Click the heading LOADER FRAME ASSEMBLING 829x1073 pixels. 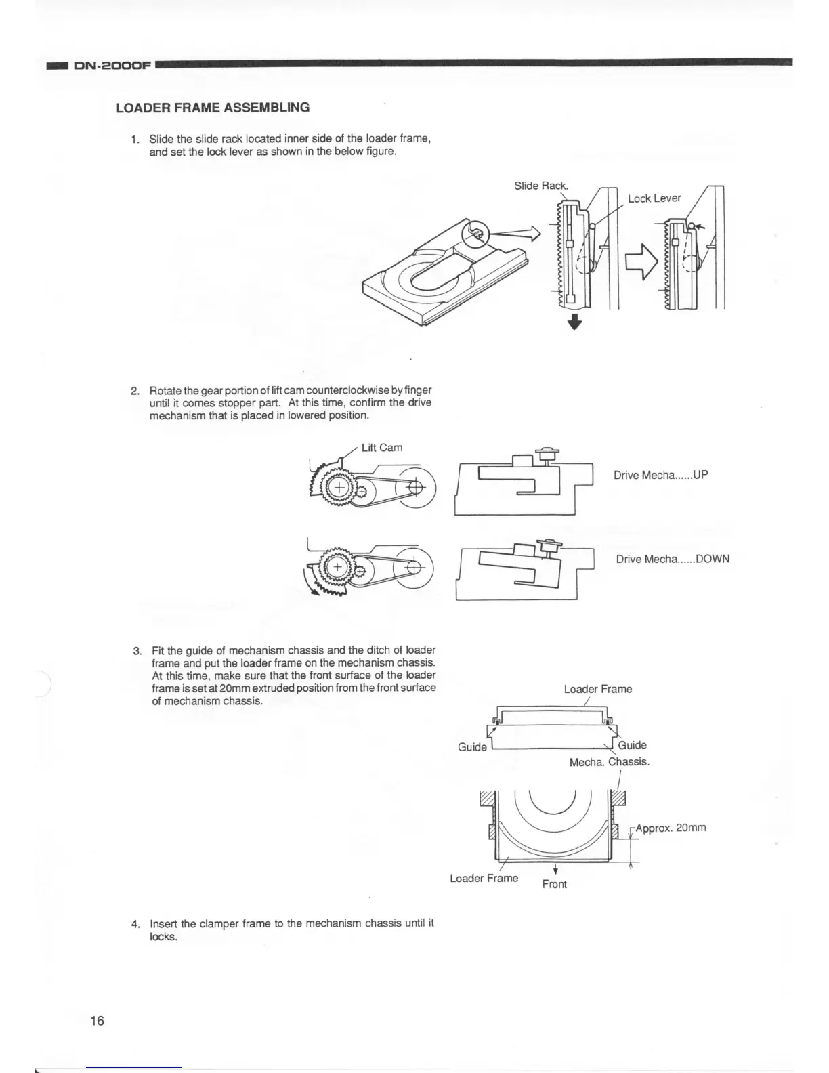coord(213,108)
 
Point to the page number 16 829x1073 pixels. coord(97,1020)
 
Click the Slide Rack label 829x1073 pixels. coord(541,186)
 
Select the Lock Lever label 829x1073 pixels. coord(654,198)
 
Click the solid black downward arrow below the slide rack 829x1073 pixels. coord(574,321)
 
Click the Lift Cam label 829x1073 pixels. coord(381,448)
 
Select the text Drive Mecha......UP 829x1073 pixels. coord(660,475)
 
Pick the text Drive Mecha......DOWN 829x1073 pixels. coord(673,559)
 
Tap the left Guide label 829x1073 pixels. coord(472,746)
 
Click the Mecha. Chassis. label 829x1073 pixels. coord(609,762)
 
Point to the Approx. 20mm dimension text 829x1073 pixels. coord(671,828)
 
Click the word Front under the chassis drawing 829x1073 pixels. coord(554,884)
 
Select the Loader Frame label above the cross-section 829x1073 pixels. coord(597,689)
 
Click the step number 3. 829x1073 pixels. coord(136,651)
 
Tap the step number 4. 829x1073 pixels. coord(135,924)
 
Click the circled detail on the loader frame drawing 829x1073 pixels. coord(473,234)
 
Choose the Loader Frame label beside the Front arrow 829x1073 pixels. coord(484,879)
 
